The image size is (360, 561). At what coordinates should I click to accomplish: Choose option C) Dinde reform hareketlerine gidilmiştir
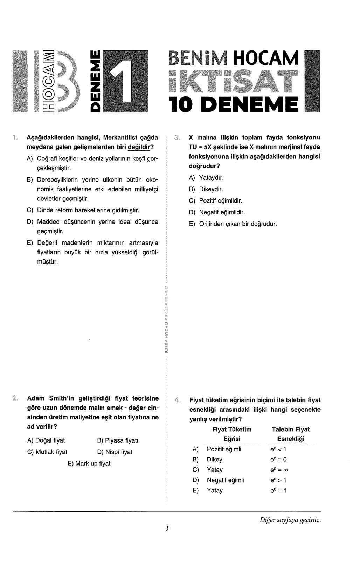[83, 210]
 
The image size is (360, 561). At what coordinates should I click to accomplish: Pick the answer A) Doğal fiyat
[46, 440]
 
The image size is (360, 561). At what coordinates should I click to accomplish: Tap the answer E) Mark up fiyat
[89, 464]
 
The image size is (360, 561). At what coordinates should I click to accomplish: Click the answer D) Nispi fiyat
[115, 452]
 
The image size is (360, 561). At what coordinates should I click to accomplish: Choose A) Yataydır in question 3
[206, 178]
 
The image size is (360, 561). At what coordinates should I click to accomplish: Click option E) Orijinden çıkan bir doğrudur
[233, 224]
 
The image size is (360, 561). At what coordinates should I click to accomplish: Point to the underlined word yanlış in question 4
[198, 419]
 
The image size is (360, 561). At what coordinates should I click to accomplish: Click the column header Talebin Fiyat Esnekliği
[291, 434]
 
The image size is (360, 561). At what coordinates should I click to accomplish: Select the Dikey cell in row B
[214, 459]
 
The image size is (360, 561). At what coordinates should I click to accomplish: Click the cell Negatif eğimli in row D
[225, 480]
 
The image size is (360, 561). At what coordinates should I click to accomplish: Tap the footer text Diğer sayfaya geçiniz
[290, 520]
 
